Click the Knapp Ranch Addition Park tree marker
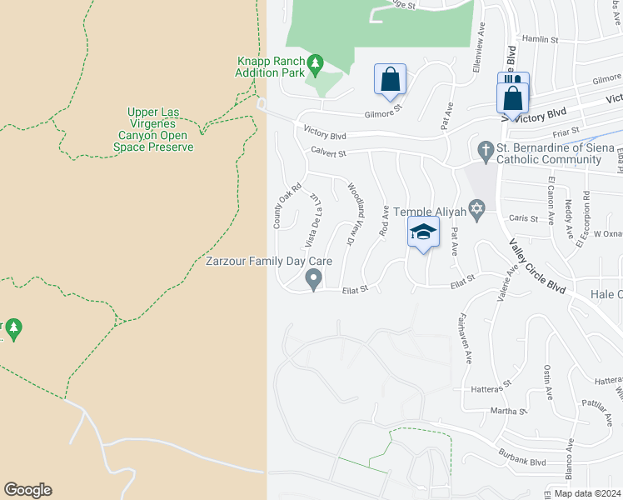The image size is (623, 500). pos(315,63)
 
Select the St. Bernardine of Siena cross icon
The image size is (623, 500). pos(485,150)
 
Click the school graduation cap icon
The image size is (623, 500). pos(422,232)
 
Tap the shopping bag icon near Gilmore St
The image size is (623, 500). pos(390,80)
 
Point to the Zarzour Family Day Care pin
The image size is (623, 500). pos(314,279)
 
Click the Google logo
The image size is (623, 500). pos(27,490)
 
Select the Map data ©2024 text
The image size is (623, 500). pos(587,493)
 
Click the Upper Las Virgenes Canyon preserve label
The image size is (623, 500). pos(153,129)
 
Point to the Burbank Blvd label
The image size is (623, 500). pos(524,461)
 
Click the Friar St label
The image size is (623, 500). pos(565,131)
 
